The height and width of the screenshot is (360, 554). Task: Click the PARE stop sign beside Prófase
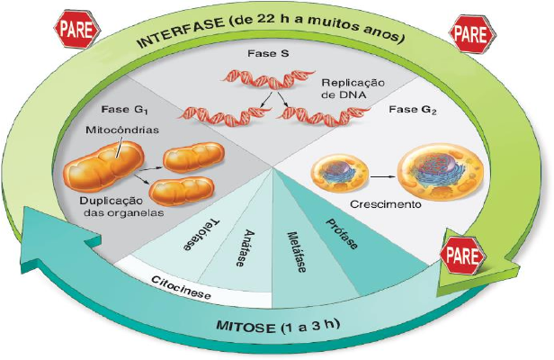point(463,256)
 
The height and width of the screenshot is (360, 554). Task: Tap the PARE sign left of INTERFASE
point(77,30)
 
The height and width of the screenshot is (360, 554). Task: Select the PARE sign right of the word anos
point(472,34)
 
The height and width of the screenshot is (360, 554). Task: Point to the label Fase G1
point(124,110)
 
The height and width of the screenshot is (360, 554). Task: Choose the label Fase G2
point(413,110)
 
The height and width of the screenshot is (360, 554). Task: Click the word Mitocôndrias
point(122,130)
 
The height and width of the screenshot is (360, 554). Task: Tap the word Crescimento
point(386,204)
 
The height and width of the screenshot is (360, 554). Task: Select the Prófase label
point(342,234)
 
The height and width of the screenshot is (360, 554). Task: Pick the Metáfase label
point(296,252)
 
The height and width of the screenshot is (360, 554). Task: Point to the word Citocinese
point(181,287)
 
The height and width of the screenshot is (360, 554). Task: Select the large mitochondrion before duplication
point(103,166)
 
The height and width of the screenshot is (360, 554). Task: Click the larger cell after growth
point(441,172)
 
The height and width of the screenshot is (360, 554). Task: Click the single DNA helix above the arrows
point(267,78)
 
